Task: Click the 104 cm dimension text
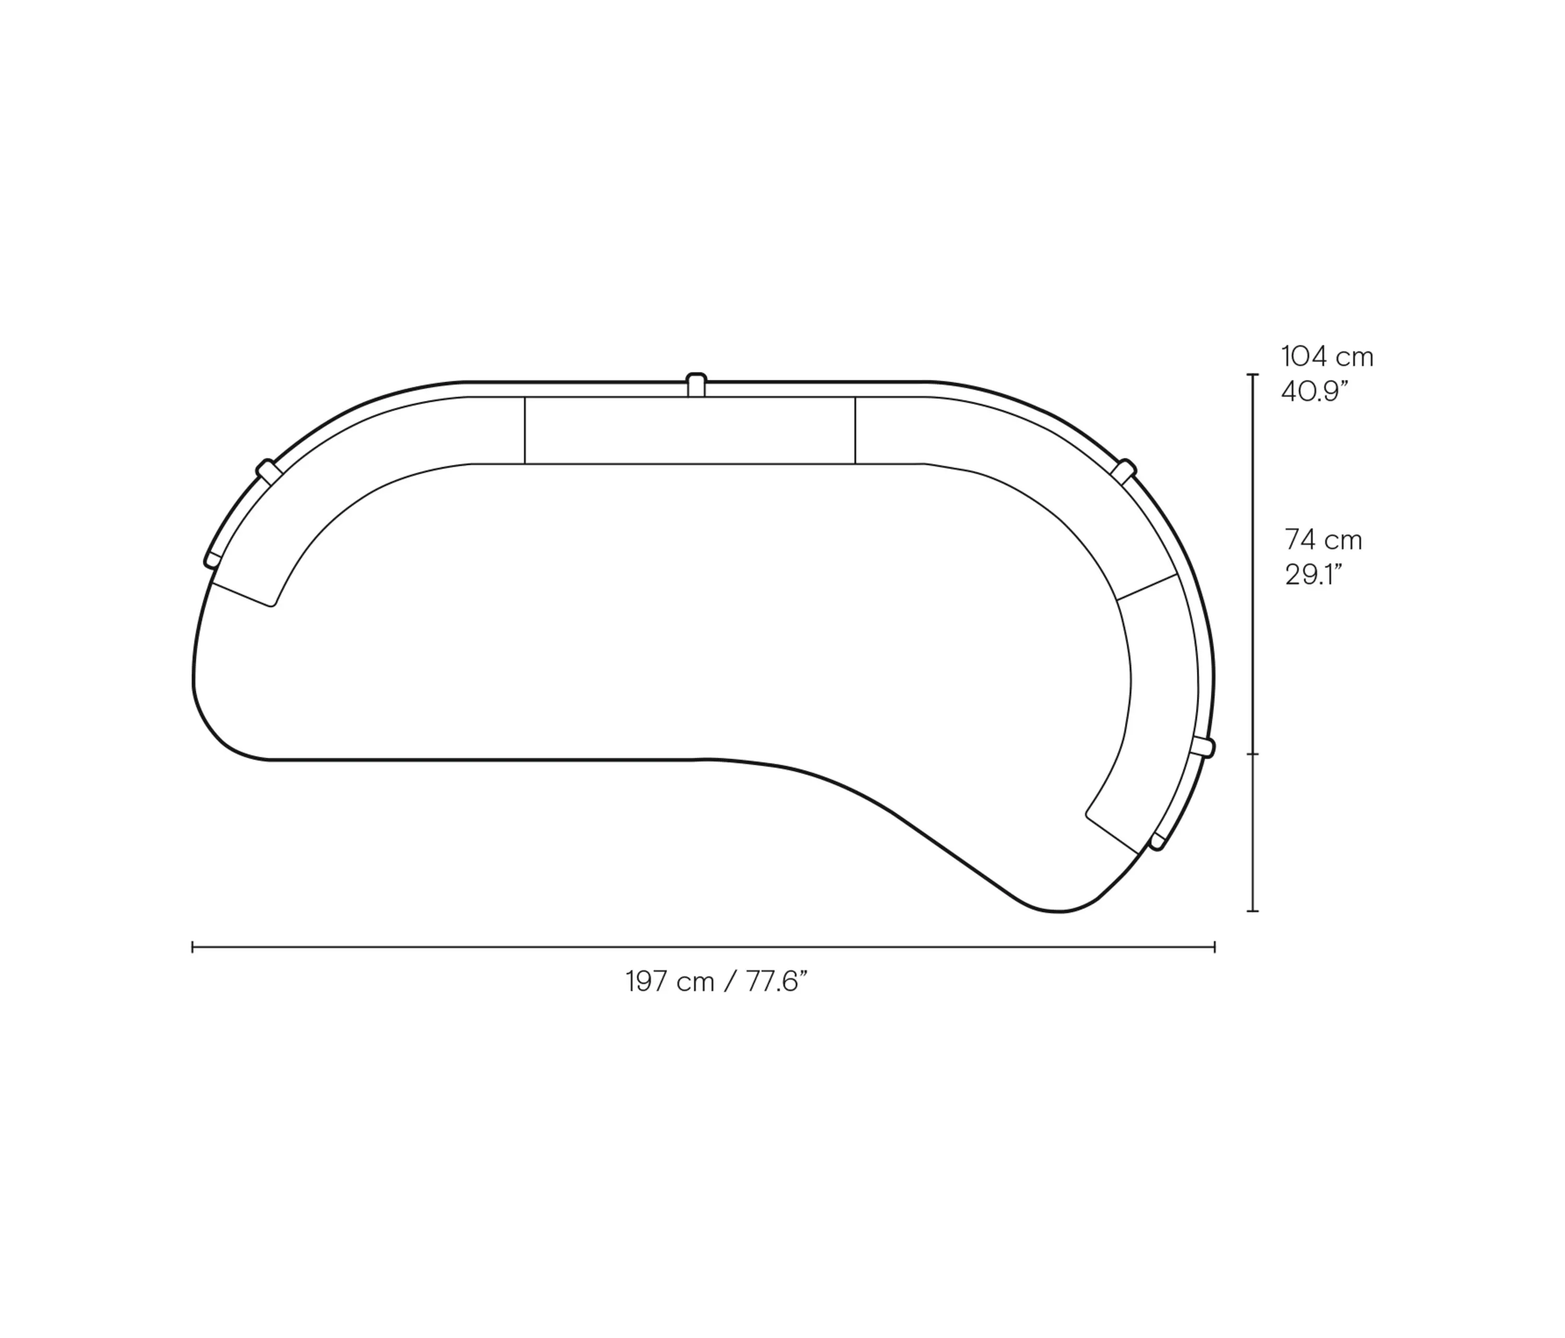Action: click(x=1327, y=356)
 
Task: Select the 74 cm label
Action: click(x=1323, y=540)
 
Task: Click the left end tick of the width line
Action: click(x=194, y=947)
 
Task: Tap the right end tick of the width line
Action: click(x=1214, y=947)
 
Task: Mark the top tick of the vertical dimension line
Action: click(x=1253, y=375)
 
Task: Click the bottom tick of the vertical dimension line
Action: click(x=1253, y=911)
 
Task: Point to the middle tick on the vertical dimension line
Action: click(x=1253, y=754)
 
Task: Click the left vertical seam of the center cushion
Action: click(x=524, y=430)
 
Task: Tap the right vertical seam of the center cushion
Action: click(x=855, y=430)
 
